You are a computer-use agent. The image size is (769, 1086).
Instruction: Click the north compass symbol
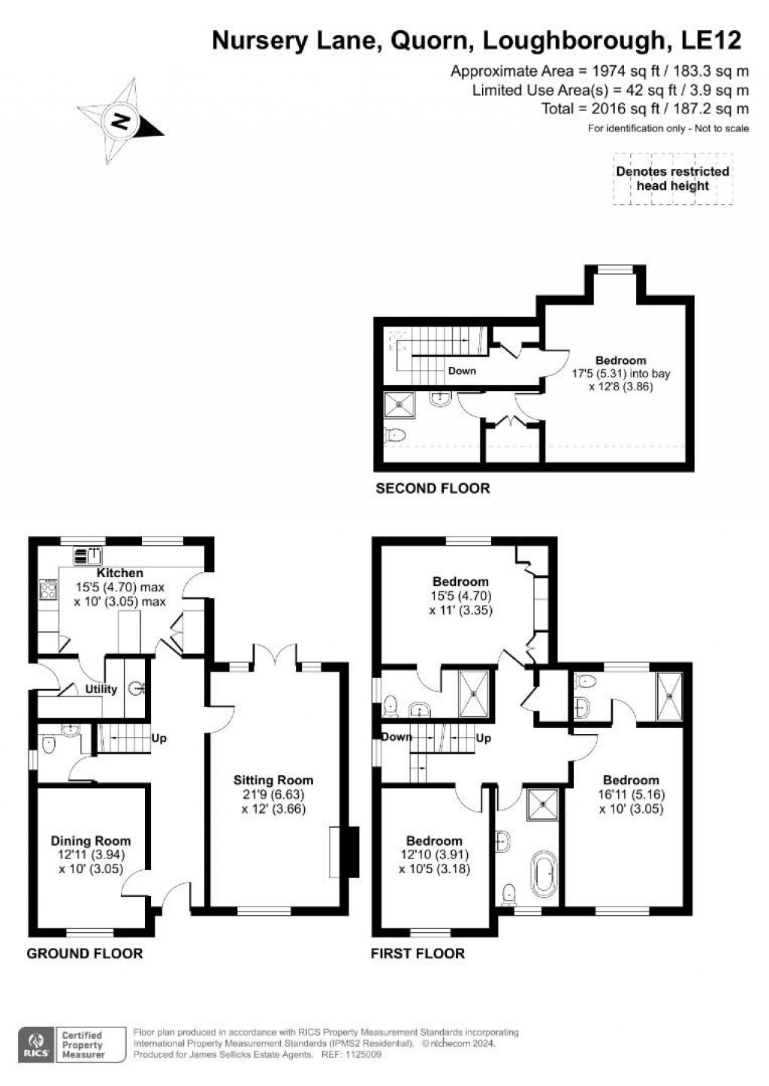[120, 120]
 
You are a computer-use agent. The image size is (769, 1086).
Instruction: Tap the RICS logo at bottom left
[35, 1044]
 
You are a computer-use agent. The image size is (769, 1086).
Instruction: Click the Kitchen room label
[120, 573]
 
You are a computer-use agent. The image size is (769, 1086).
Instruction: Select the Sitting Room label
[273, 781]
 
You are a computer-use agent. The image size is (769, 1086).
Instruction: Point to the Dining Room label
[91, 841]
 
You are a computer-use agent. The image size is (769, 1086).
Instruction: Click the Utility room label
[101, 689]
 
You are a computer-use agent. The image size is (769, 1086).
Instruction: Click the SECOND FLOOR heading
[433, 489]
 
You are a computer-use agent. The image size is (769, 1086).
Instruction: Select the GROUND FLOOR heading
[85, 954]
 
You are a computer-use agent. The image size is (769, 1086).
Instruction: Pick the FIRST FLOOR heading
[418, 954]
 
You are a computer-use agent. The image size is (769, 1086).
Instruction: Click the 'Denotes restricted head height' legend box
[672, 179]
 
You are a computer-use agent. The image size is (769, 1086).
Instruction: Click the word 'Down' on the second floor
[462, 371]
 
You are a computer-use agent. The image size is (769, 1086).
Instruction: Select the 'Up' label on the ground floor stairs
[159, 739]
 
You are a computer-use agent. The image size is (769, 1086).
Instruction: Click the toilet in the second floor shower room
[394, 435]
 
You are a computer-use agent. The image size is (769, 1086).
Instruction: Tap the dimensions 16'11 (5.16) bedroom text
[631, 795]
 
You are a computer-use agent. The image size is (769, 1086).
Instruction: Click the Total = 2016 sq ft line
[644, 109]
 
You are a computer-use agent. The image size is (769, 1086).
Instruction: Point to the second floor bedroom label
[620, 360]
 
